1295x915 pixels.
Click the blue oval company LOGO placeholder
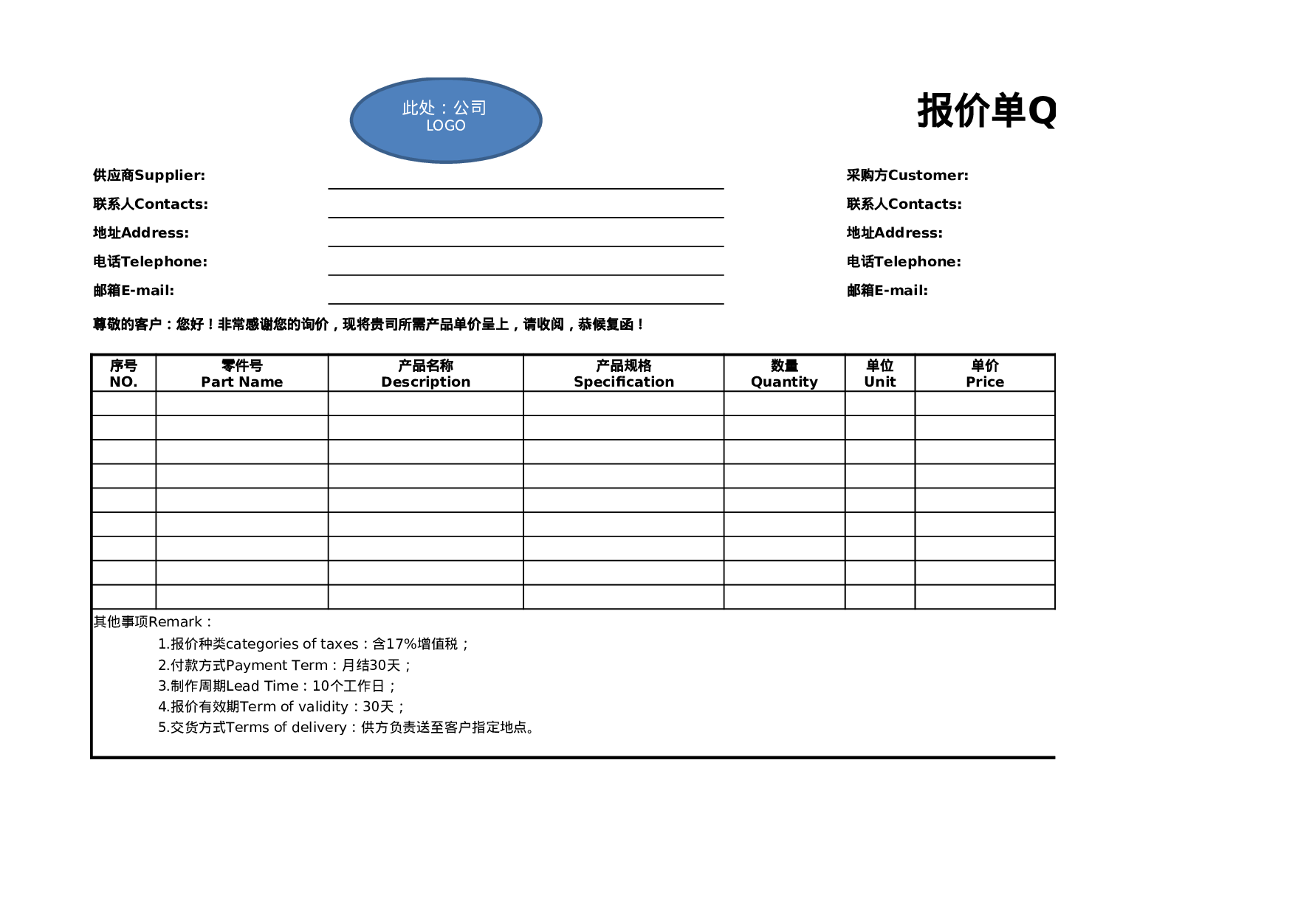coord(445,120)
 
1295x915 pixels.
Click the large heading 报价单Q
coord(986,111)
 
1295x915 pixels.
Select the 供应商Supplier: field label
coord(149,175)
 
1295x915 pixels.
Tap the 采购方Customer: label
coord(907,175)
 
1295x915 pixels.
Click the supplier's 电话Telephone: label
coord(150,261)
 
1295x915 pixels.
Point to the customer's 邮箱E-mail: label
coord(887,290)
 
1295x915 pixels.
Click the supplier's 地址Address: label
coord(140,232)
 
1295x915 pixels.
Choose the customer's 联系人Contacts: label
coord(904,204)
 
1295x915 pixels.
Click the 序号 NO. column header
coord(123,373)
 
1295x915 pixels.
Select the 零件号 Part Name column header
coord(241,373)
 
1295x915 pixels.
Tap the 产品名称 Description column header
coord(425,373)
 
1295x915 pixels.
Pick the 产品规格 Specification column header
coord(623,373)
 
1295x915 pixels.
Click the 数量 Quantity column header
coord(784,373)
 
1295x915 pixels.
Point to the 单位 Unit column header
coord(879,373)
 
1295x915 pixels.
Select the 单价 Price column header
coord(984,373)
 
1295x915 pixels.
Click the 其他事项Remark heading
coord(152,622)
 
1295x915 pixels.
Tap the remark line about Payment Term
coord(284,665)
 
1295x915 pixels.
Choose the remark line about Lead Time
coord(277,686)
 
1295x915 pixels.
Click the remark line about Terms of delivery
coord(346,727)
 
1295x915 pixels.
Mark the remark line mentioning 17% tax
coord(313,643)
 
